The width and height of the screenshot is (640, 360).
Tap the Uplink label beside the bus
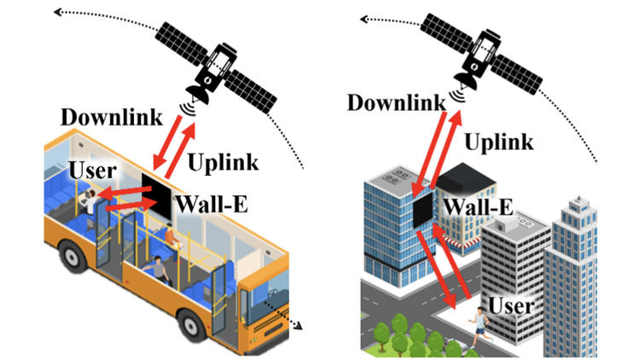[x=224, y=160]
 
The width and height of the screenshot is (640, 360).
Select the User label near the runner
[x=511, y=305]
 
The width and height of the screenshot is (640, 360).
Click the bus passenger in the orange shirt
[x=174, y=240]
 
